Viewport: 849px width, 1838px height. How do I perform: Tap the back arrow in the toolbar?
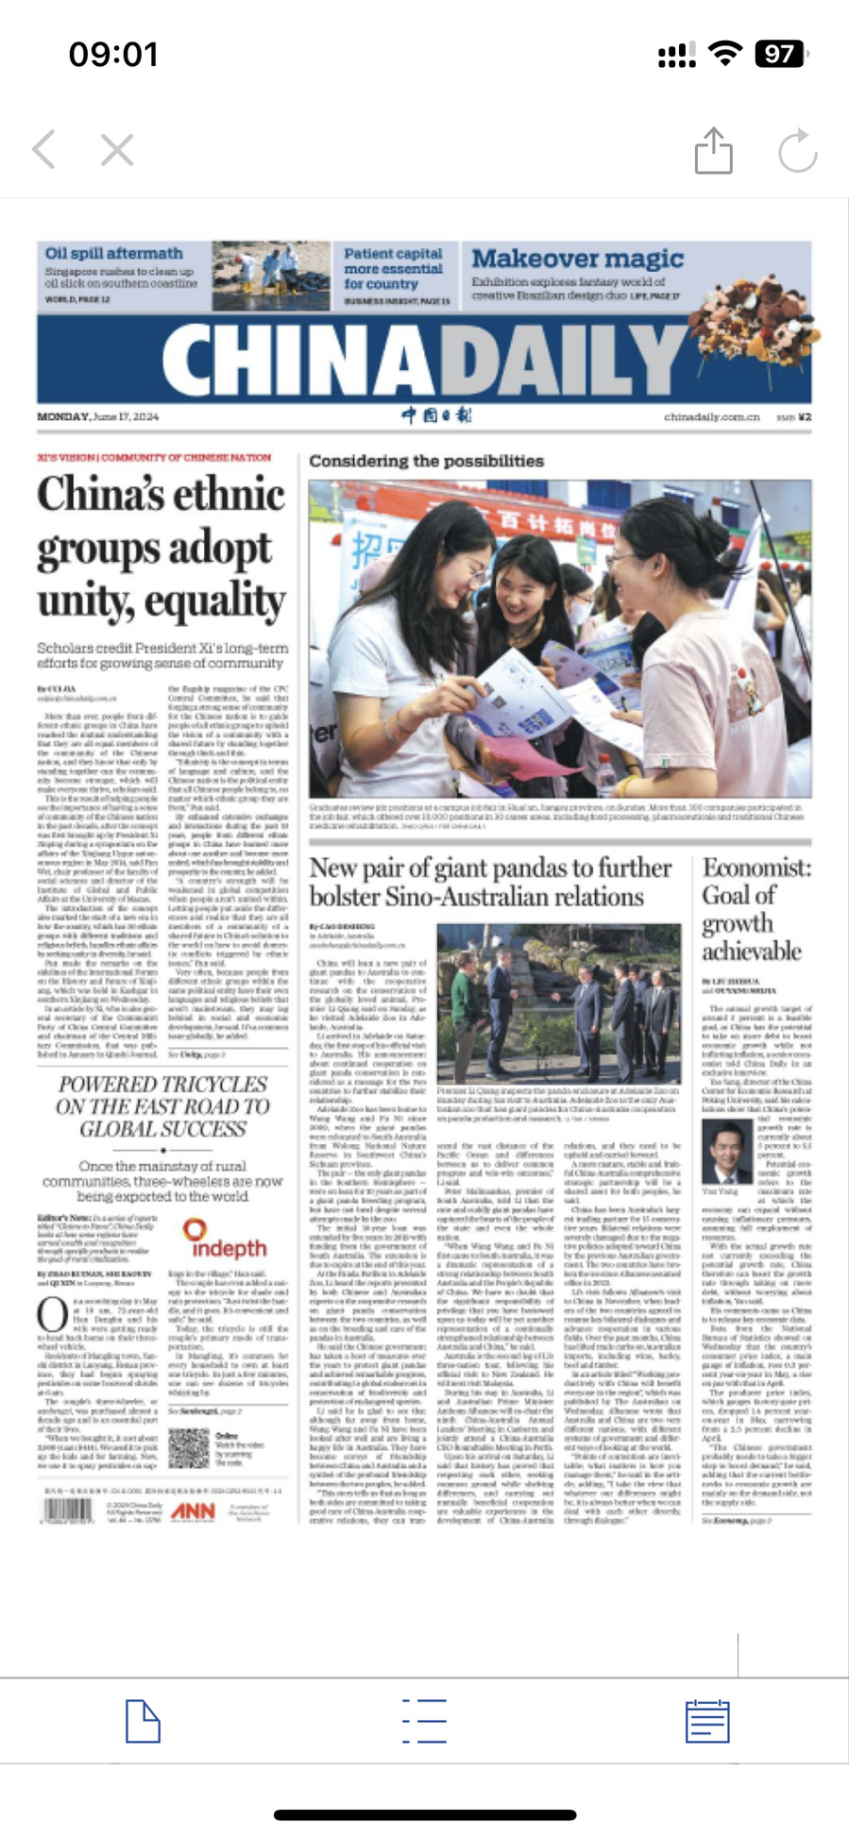(43, 149)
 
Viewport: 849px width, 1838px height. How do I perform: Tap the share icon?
(713, 150)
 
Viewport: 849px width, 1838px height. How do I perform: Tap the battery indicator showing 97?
(780, 54)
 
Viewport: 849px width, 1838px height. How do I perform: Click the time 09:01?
(113, 55)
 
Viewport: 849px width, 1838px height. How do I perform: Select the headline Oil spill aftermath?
(113, 253)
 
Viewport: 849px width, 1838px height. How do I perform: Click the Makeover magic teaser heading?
(577, 258)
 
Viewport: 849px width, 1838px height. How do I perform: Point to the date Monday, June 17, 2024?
(98, 416)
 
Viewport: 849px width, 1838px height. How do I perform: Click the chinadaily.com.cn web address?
(710, 416)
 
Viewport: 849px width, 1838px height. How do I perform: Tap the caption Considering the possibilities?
(426, 461)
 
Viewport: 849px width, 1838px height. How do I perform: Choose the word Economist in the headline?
(756, 868)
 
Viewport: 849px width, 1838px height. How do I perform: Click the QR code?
(188, 1448)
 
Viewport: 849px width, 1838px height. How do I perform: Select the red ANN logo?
(193, 1511)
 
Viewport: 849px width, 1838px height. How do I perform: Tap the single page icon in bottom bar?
(143, 1721)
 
